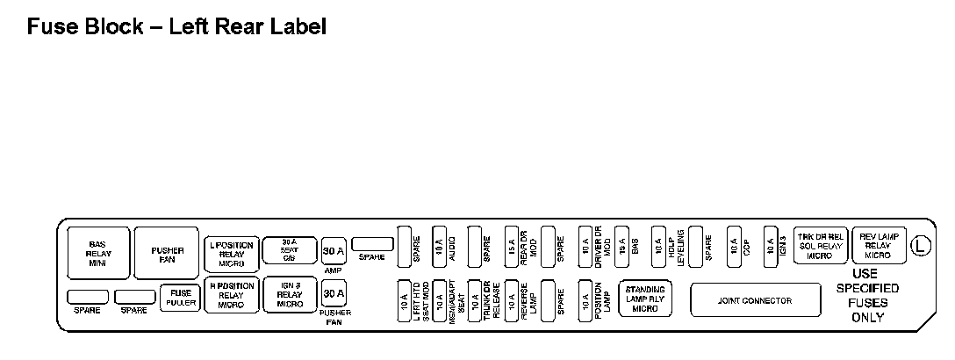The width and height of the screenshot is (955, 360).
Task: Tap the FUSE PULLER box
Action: [x=180, y=298]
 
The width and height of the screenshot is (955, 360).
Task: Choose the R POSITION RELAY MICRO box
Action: [x=232, y=296]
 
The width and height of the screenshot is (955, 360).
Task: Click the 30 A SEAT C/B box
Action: [x=290, y=250]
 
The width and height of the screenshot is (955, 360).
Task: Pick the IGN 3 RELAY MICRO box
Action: [x=290, y=296]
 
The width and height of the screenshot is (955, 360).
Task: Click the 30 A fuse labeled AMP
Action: [x=334, y=250]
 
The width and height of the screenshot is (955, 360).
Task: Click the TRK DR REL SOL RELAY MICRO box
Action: [x=819, y=246]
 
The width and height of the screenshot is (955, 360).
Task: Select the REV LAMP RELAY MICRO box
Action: [x=878, y=246]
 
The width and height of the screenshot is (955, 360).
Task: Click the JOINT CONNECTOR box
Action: [x=755, y=300]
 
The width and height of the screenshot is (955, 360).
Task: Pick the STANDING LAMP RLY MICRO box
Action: [x=645, y=299]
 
